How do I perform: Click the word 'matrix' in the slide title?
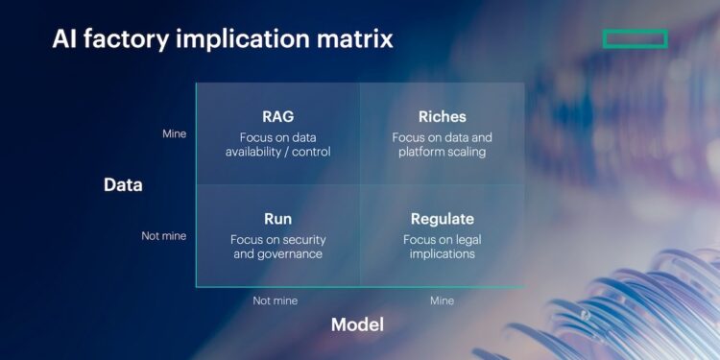[x=352, y=39]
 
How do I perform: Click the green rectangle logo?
[x=635, y=38]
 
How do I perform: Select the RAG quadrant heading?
[x=277, y=117]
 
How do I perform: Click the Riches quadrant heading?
[x=442, y=117]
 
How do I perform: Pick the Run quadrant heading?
[x=277, y=219]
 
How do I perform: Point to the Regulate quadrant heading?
[x=442, y=219]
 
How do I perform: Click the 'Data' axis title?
[x=123, y=185]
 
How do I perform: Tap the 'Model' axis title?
[x=357, y=324]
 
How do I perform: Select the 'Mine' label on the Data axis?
[x=174, y=134]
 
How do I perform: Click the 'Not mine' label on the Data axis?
[x=164, y=236]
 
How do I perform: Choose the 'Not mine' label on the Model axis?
[x=276, y=300]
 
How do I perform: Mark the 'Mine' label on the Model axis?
[x=442, y=300]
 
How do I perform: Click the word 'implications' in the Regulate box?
[x=442, y=254]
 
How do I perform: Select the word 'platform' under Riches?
[x=417, y=153]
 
